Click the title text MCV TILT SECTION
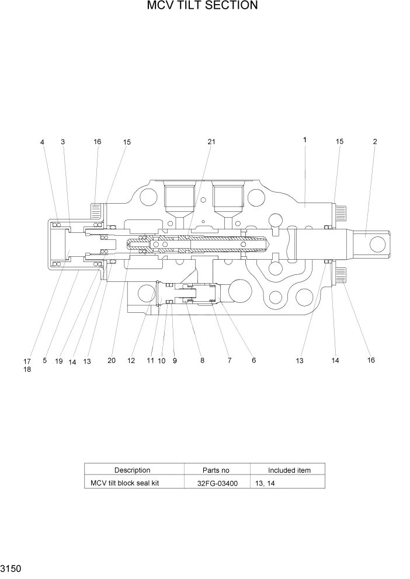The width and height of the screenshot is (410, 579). tap(203, 6)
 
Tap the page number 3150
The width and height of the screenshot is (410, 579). tap(12, 568)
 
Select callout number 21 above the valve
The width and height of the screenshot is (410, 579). tap(211, 142)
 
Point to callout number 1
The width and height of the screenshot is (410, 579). tap(305, 140)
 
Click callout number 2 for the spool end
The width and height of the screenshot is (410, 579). tap(374, 141)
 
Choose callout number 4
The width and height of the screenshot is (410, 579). tap(42, 142)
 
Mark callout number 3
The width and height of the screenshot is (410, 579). tap(62, 142)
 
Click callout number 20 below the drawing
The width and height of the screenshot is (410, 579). tap(112, 361)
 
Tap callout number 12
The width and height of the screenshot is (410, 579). tap(131, 361)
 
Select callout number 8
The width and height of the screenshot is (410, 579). tap(202, 361)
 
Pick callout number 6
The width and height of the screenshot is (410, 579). tap(253, 361)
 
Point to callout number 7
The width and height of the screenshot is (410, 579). tap(229, 361)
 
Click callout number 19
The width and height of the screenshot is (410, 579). tap(59, 361)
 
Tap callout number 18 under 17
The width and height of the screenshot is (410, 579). tap(27, 369)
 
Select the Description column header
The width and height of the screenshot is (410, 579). tap(132, 470)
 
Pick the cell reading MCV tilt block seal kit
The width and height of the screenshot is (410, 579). tap(124, 483)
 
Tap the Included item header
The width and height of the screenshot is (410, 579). tap(289, 470)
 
